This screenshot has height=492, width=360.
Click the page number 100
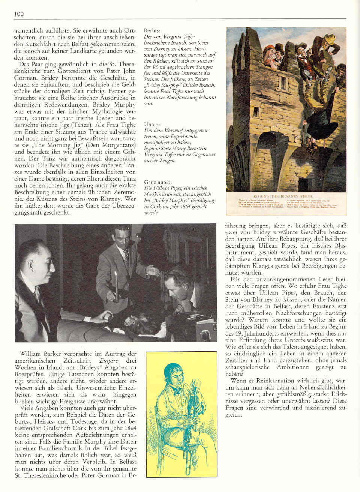click(x=19, y=14)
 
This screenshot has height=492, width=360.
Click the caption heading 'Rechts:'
click(x=152, y=30)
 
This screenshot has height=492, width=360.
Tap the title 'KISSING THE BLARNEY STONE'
click(x=288, y=196)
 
